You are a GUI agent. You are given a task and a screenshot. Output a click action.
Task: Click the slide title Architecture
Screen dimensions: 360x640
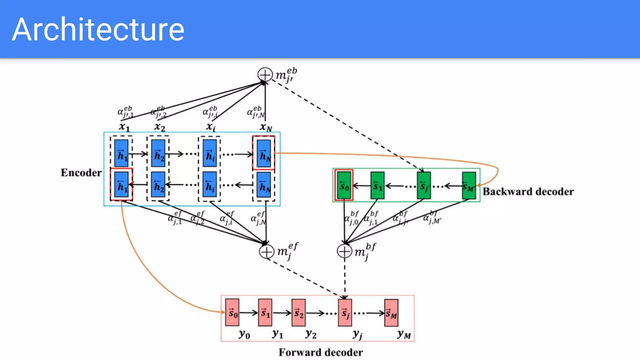98,29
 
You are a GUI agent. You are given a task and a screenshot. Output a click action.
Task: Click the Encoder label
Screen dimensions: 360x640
81,172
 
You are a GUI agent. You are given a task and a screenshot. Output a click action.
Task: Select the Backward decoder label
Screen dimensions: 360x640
528,191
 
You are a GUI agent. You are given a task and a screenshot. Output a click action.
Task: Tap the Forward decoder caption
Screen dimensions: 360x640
321,352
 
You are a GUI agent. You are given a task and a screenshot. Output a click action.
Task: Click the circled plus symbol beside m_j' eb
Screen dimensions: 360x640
265,75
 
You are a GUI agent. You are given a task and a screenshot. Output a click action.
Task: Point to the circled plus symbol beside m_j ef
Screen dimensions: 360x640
267,252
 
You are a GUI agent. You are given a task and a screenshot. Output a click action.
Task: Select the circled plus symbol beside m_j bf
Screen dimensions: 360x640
344,251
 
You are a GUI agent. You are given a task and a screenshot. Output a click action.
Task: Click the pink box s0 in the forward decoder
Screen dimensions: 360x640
232,312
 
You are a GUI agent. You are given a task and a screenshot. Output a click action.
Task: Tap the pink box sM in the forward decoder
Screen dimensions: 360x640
391,313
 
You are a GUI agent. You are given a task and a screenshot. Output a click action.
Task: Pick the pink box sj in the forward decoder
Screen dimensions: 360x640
345,312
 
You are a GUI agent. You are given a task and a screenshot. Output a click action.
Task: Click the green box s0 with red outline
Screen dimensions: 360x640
344,185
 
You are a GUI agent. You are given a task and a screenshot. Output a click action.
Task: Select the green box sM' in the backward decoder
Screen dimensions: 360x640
469,186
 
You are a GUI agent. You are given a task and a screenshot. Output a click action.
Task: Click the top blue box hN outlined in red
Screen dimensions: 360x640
264,153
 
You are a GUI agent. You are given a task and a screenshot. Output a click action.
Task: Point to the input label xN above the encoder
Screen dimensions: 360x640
266,127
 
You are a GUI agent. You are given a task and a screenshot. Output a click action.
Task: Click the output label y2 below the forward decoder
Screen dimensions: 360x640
311,334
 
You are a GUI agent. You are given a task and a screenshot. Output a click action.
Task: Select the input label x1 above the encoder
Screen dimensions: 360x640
124,127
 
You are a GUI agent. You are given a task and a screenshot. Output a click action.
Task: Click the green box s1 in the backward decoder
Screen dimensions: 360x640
377,186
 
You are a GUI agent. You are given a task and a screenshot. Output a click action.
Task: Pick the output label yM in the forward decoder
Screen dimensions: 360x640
404,335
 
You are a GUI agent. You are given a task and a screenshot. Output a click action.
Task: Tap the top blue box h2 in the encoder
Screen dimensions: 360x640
158,153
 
